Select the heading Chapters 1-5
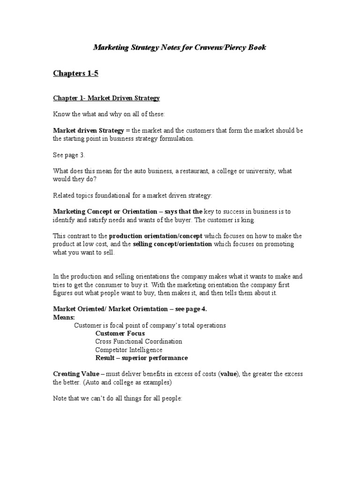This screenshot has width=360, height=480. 75,73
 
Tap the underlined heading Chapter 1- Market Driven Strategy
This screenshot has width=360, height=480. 106,98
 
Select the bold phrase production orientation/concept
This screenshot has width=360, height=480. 156,236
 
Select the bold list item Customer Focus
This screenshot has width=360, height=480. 120,333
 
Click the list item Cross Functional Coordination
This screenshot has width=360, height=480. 139,342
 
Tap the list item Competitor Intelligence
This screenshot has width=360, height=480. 129,350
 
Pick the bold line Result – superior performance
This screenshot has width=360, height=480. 142,358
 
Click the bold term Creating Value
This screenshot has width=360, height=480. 76,374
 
